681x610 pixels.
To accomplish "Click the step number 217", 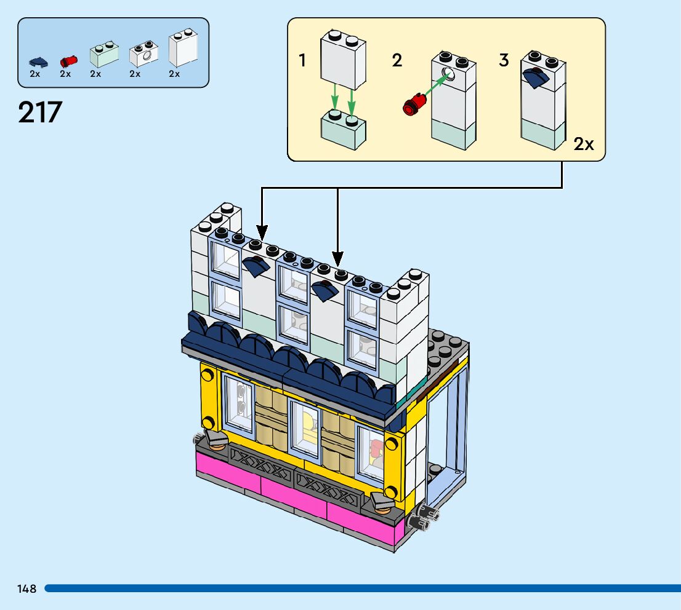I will pos(41,113).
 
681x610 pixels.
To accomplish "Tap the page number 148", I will pos(27,588).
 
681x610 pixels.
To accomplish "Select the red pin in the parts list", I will pos(68,61).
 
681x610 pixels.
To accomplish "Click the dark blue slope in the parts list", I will pos(38,61).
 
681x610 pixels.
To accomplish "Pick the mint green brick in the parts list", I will pos(103,55).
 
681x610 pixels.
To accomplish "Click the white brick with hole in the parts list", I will pos(144,55).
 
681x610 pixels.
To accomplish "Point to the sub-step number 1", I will pos(302,61).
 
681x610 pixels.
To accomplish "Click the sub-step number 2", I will pos(397,60).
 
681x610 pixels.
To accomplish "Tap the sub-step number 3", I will pos(504,61).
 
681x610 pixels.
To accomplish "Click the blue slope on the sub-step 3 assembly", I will pos(536,79).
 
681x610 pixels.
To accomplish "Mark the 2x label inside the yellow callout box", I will pos(584,145).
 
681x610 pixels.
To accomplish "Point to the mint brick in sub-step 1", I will pos(343,130).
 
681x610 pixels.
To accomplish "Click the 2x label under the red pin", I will pos(65,74).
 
